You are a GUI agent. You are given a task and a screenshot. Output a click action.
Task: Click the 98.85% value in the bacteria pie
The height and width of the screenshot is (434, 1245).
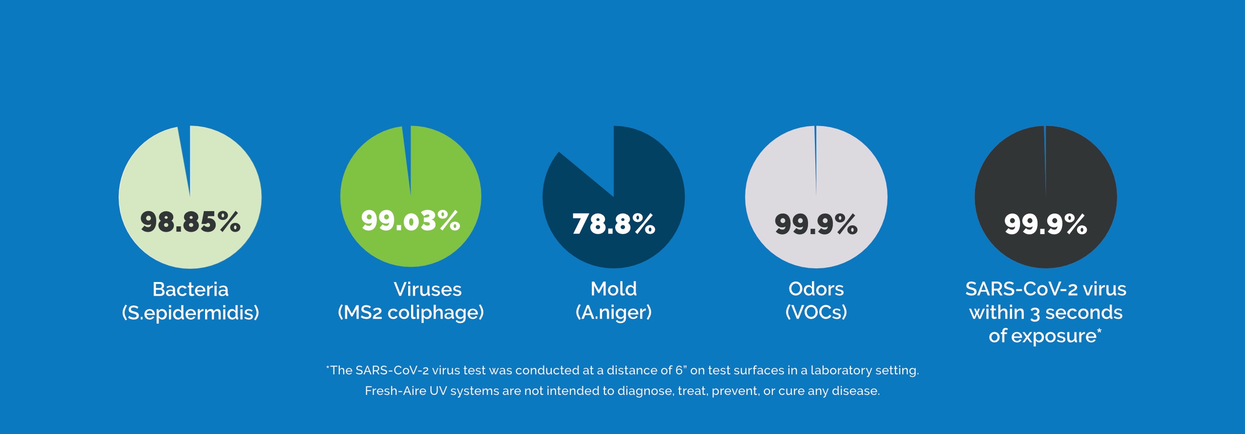[190, 221]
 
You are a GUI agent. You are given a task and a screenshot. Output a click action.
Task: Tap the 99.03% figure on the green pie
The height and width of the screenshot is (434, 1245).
[411, 220]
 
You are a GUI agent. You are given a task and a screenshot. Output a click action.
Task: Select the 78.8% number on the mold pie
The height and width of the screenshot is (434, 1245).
[614, 224]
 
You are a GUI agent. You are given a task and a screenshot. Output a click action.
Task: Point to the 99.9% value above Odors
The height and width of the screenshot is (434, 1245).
[816, 224]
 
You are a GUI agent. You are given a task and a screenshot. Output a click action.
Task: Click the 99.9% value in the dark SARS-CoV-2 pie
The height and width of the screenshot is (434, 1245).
[1046, 224]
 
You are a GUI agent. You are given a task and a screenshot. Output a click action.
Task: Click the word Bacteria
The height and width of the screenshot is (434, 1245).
[190, 289]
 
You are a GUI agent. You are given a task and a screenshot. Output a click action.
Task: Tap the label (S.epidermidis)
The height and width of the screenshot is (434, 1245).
[190, 313]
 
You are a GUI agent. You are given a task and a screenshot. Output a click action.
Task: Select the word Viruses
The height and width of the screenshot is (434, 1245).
[428, 289]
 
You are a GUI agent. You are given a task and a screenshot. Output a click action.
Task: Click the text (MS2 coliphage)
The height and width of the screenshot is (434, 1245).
[411, 313]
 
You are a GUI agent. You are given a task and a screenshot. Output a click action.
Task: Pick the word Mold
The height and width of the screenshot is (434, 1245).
[614, 289]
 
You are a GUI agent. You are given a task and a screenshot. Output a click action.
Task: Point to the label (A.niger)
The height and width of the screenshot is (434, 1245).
[614, 312]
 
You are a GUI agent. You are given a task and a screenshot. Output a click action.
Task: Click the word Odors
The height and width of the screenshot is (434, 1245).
[816, 289]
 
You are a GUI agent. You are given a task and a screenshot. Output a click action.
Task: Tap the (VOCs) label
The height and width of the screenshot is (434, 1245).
[816, 312]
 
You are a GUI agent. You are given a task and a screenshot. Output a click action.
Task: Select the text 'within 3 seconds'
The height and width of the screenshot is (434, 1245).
[1046, 312]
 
